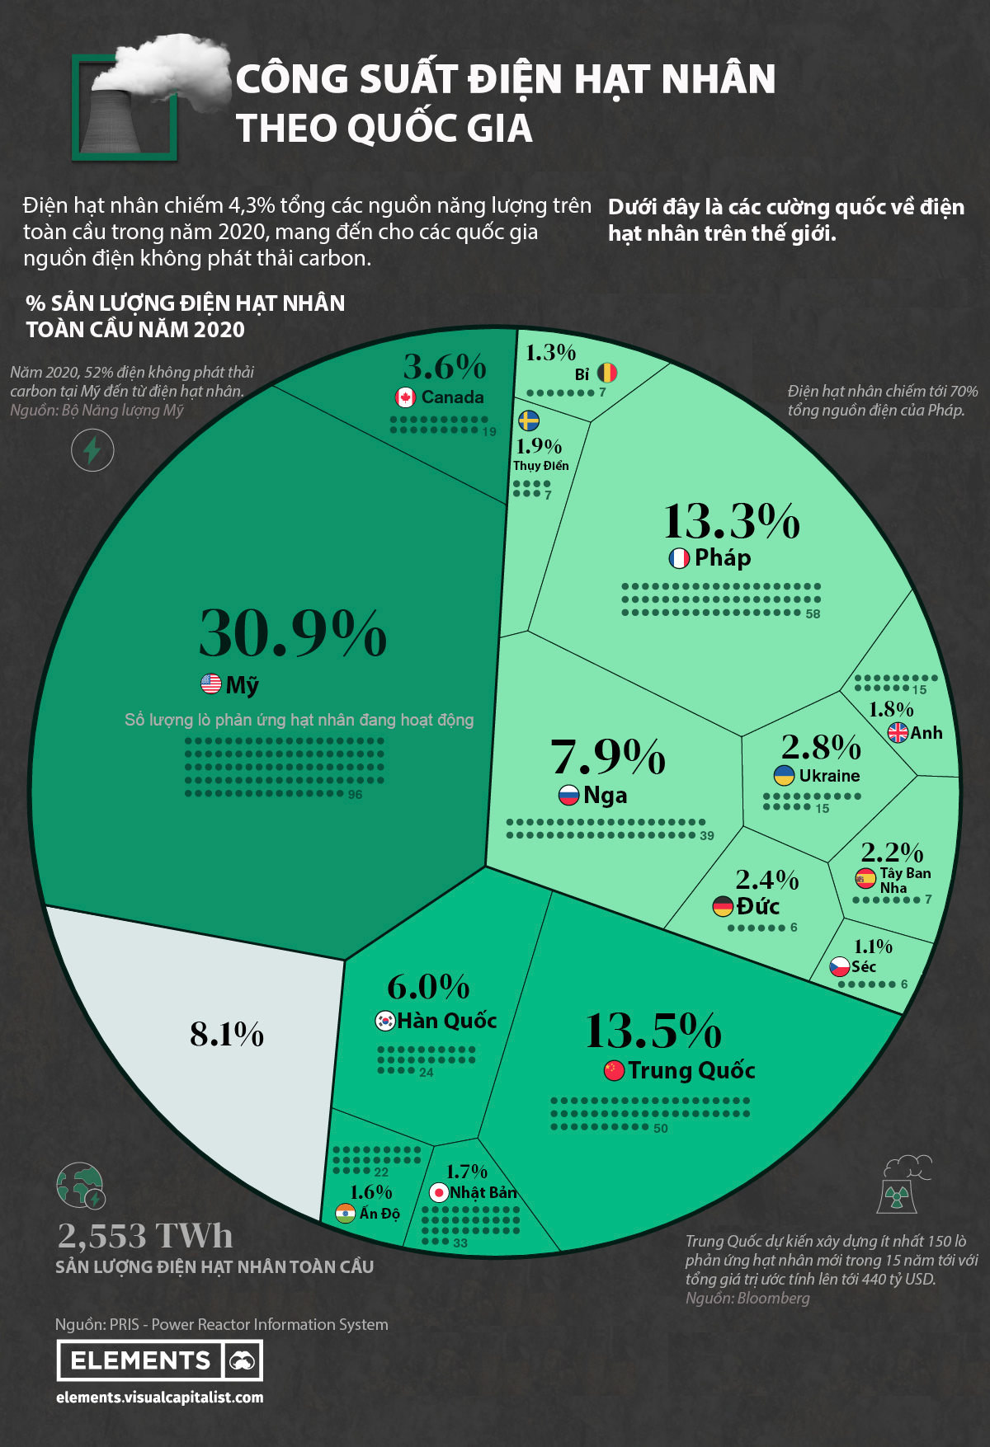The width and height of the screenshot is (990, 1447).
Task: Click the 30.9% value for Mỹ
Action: tap(293, 633)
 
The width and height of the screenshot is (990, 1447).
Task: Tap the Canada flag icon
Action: tap(405, 397)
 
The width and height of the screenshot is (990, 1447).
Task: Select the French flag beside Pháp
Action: tap(679, 558)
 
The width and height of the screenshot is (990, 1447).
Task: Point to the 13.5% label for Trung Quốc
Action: tap(653, 1031)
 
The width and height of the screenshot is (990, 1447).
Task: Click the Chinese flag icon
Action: tap(614, 1070)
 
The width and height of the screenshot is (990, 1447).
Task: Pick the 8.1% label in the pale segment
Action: tap(227, 1034)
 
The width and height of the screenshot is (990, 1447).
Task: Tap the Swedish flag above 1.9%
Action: tap(529, 421)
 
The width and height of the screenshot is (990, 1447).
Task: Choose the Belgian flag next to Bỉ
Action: tap(607, 373)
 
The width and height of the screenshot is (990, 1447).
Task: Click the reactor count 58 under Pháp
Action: tap(813, 614)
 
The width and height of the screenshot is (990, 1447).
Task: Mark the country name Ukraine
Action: tap(829, 776)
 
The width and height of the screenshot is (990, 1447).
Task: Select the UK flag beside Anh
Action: tap(898, 732)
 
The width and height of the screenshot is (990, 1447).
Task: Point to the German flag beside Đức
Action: tap(723, 907)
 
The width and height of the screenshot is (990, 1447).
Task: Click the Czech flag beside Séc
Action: tap(840, 966)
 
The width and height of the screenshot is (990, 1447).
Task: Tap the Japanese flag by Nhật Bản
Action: tap(439, 1192)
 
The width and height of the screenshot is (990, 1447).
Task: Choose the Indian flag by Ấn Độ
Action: tap(346, 1213)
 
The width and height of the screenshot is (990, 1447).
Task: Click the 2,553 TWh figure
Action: tap(145, 1235)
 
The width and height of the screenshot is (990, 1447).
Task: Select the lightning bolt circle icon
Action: tap(92, 450)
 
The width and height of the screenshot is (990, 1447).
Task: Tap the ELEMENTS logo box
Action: tap(159, 1360)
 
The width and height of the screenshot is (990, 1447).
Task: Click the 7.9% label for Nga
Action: tap(608, 757)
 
